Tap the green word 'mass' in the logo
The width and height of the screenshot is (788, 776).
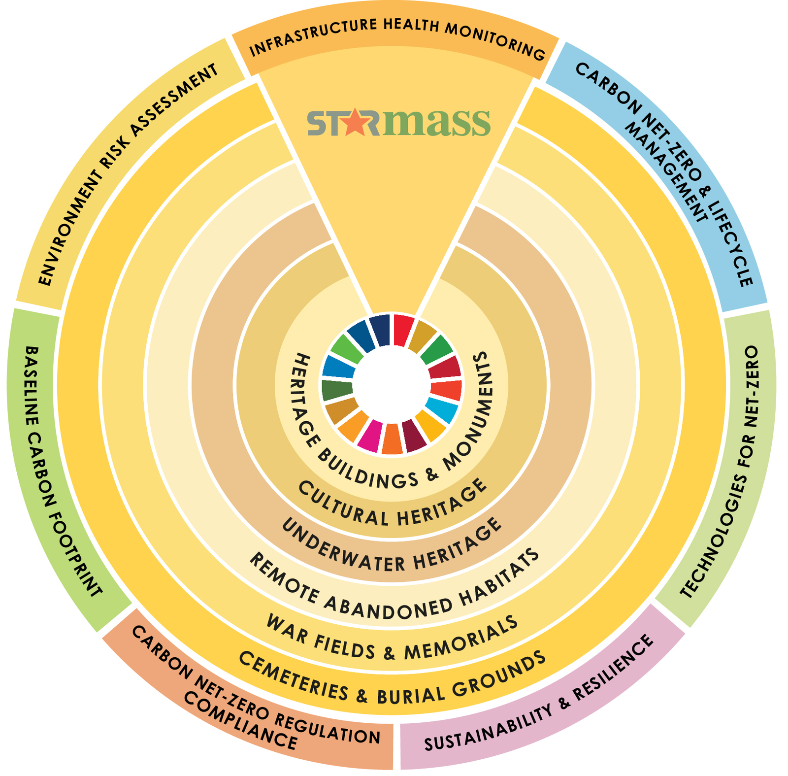[x=435, y=122]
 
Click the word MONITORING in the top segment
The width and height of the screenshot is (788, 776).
[x=495, y=40]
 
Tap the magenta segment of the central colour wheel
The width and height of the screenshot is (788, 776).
[x=369, y=436]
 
